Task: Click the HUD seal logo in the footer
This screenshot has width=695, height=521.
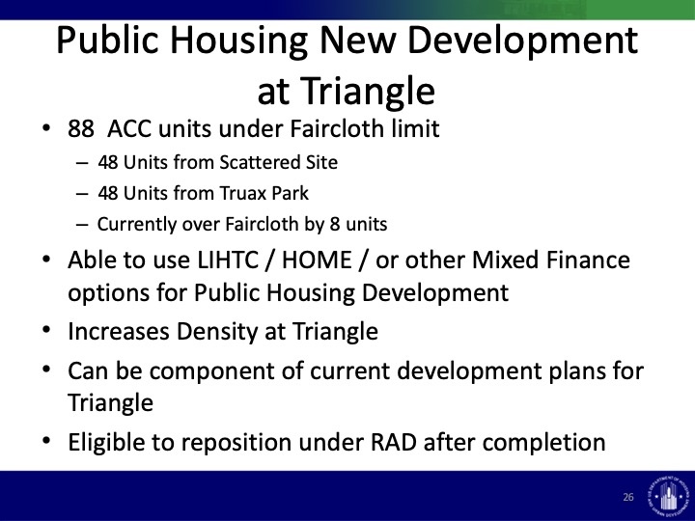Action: (x=668, y=494)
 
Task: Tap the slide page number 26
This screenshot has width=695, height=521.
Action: (x=628, y=497)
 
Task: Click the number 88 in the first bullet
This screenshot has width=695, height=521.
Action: (x=81, y=129)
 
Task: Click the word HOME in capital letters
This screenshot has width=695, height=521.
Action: (x=317, y=260)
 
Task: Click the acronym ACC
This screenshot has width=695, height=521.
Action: (x=129, y=129)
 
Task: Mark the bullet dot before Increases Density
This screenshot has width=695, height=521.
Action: (x=46, y=331)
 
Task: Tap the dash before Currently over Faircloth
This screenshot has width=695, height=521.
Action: (x=82, y=225)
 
